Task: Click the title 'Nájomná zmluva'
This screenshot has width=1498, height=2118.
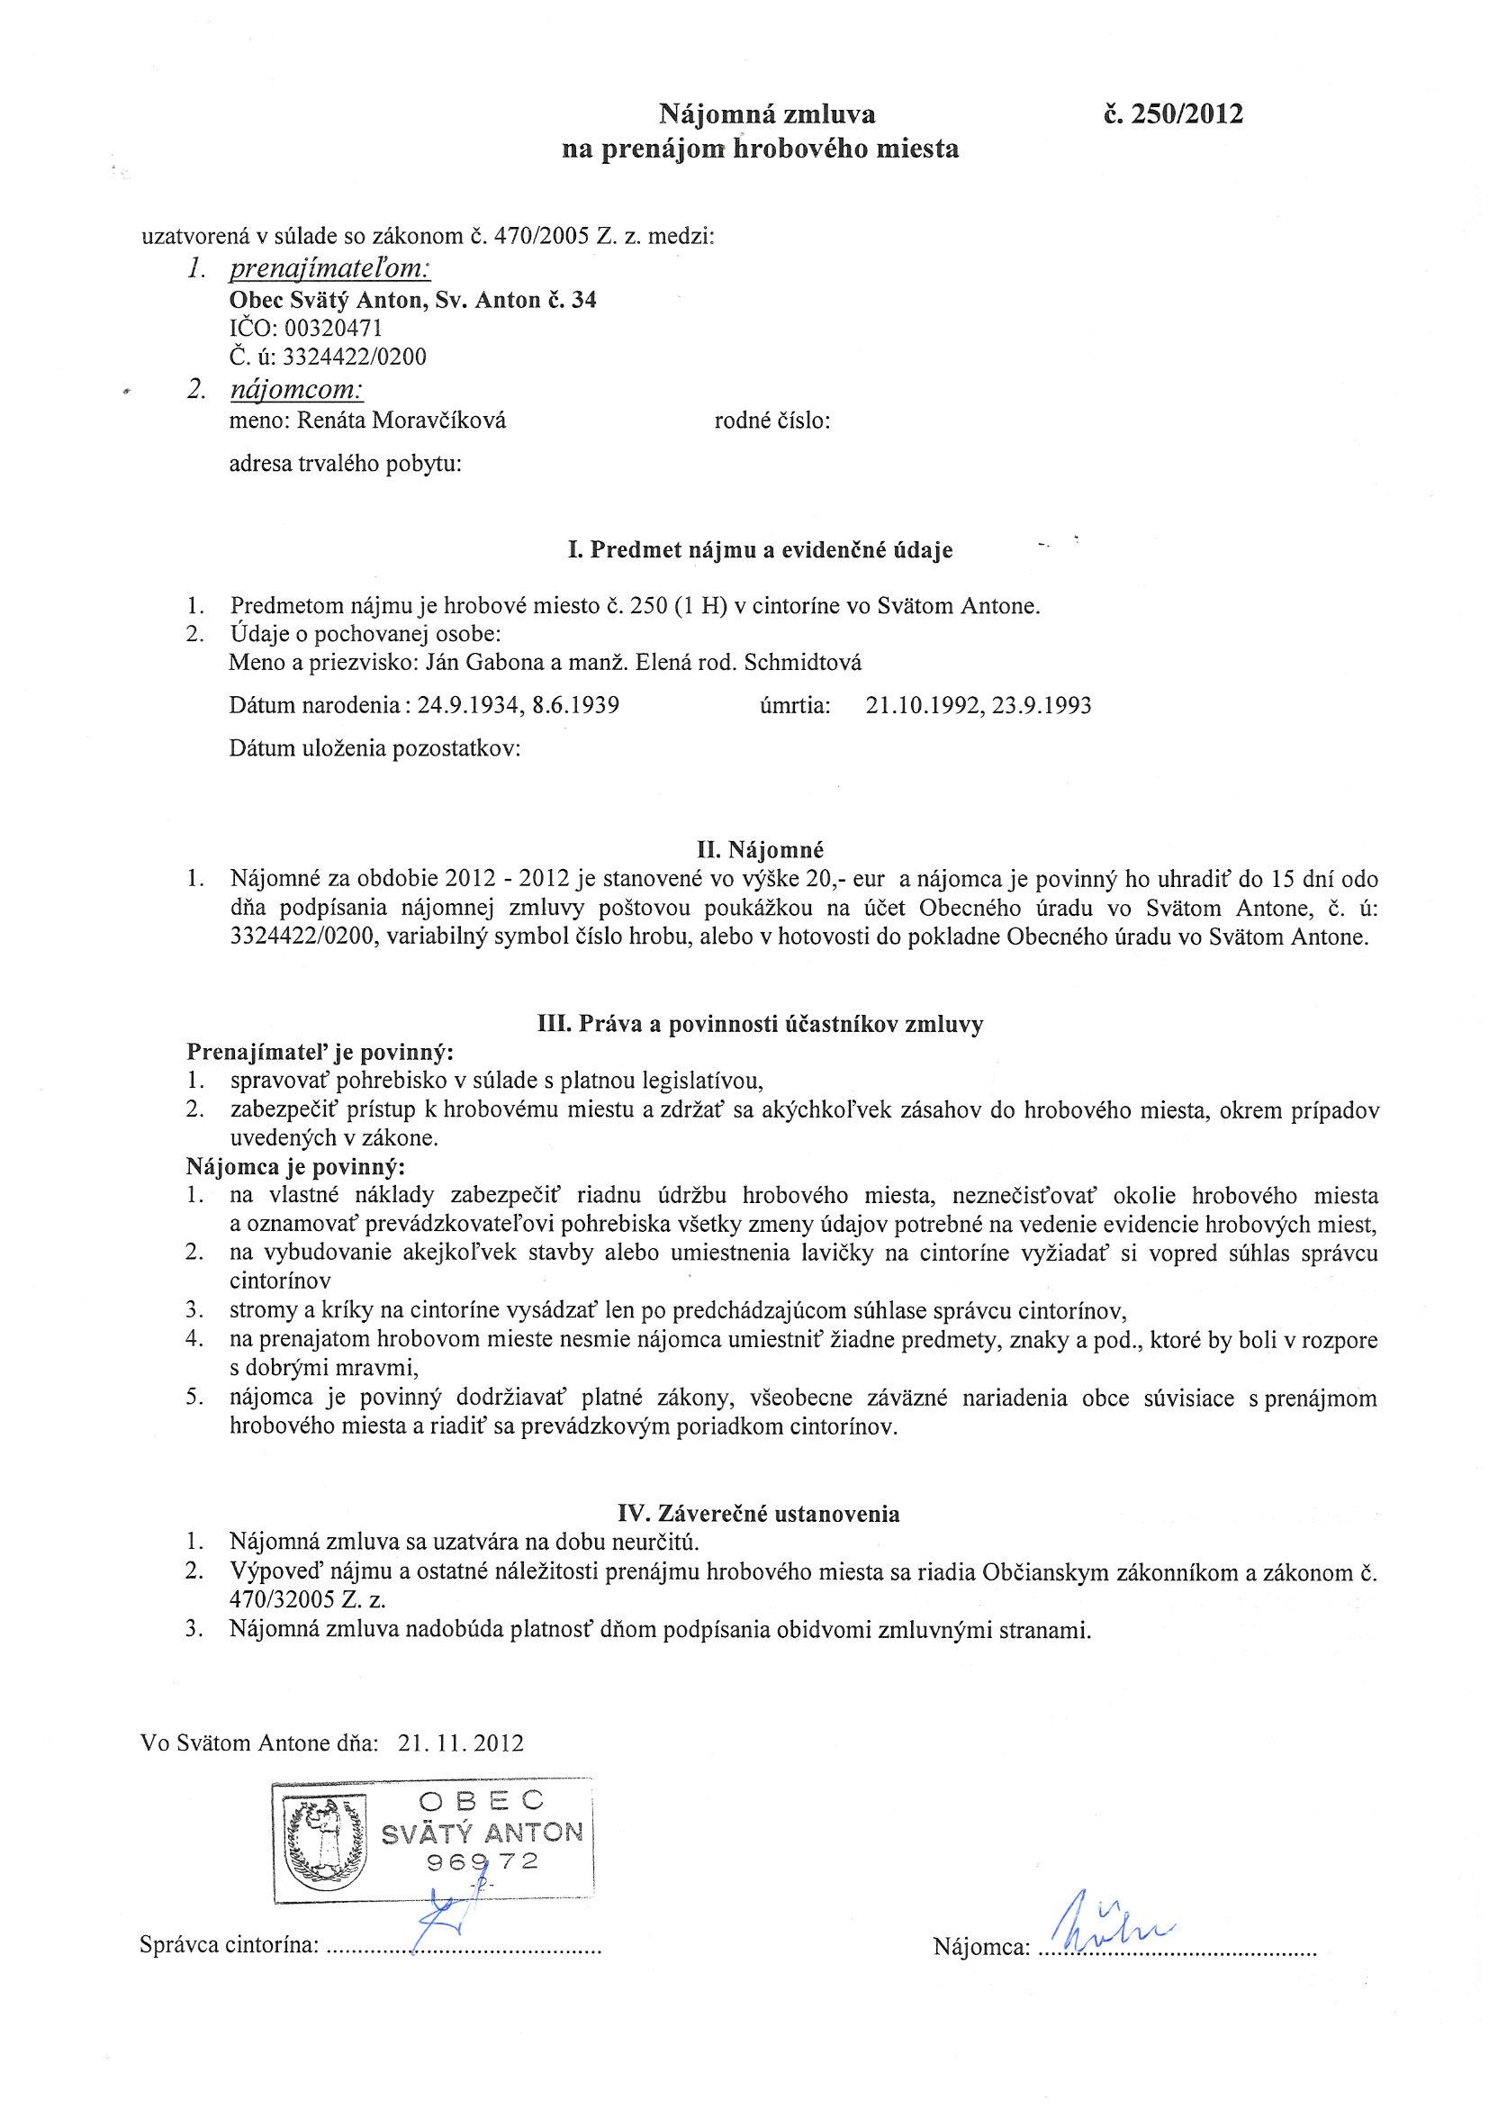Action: (765, 113)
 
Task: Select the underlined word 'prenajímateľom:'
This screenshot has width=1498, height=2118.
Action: (329, 269)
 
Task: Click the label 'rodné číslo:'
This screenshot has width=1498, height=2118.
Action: (772, 421)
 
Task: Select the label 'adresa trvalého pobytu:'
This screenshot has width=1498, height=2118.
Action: (345, 464)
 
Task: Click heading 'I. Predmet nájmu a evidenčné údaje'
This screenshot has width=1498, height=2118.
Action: (759, 551)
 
